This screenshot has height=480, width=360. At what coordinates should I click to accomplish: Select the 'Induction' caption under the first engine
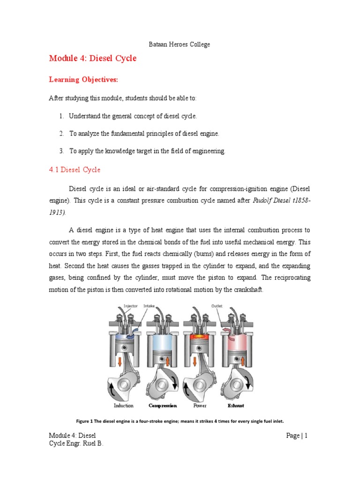click(x=124, y=405)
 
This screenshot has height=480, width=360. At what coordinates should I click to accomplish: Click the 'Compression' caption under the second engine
click(x=163, y=405)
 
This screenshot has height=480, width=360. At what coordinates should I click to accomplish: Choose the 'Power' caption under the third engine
click(x=200, y=405)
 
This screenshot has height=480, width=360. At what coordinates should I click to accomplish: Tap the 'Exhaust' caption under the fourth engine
click(x=236, y=405)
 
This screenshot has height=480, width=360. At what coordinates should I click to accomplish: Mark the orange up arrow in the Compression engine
click(x=167, y=360)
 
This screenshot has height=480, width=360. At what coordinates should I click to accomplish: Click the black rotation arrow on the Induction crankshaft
click(x=112, y=389)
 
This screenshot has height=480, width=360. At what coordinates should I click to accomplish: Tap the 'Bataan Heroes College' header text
click(x=180, y=45)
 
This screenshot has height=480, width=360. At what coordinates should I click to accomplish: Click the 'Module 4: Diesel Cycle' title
click(x=93, y=59)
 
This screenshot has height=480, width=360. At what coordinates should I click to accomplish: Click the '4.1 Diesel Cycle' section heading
click(x=75, y=170)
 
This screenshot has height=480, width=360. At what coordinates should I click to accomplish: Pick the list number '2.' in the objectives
click(x=61, y=134)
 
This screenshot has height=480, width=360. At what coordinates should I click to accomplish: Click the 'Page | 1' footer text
click(x=297, y=436)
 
